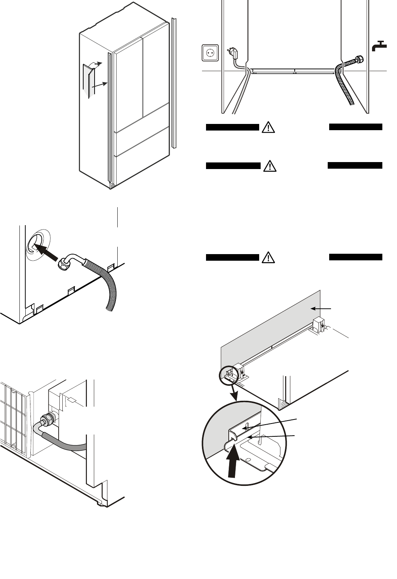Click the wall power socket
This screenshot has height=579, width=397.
tap(210, 52)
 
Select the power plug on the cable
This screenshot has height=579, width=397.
tap(234, 54)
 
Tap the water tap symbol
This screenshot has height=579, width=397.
tap(379, 46)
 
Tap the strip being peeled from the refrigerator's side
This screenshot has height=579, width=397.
tap(89, 81)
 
